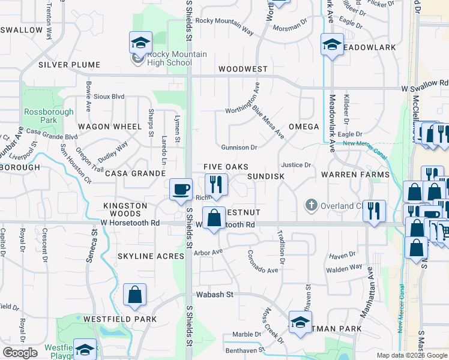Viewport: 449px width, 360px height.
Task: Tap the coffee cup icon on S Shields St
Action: click(x=181, y=190)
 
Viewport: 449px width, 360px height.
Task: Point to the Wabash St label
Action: click(x=214, y=295)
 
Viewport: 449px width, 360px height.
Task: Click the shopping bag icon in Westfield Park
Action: click(x=134, y=295)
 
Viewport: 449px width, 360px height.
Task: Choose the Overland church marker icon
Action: click(x=311, y=205)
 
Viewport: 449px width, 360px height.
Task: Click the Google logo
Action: click(x=20, y=353)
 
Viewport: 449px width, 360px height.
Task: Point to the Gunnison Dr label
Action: click(x=239, y=147)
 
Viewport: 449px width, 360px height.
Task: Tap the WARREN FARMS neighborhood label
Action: click(x=355, y=175)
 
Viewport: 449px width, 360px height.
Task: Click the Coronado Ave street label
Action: click(x=263, y=262)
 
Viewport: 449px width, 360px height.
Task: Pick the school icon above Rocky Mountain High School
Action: click(x=140, y=43)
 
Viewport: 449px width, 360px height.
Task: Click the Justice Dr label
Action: click(x=296, y=165)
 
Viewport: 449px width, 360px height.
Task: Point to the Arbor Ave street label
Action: click(x=208, y=252)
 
